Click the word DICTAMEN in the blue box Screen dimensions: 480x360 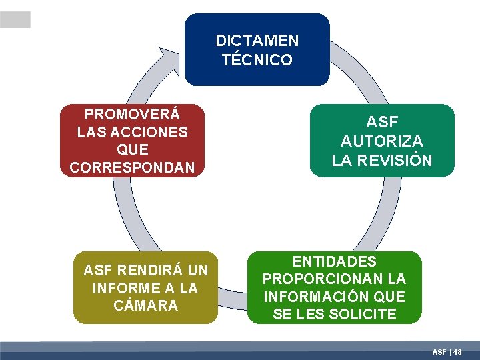[257, 41]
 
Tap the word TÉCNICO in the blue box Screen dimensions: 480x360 [257, 60]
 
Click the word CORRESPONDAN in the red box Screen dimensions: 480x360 [133, 167]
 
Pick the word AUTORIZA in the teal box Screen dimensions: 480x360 [382, 141]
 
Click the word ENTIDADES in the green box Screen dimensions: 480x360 [335, 261]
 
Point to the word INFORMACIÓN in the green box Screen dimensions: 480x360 [317, 297]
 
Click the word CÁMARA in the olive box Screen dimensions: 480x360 [145, 305]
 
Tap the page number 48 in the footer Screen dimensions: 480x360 [457, 351]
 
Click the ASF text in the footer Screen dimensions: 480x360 [439, 351]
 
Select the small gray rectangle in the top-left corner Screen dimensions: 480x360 [15, 20]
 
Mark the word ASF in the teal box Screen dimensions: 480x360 [382, 123]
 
